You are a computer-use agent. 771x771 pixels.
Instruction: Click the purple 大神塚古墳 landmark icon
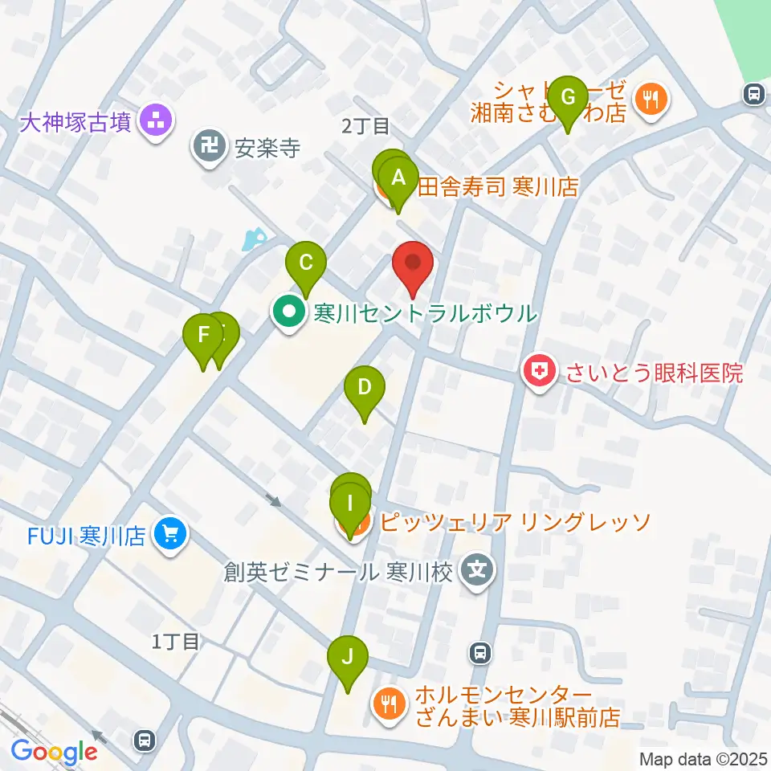(x=154, y=122)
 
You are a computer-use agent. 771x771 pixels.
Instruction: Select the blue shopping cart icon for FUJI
(x=170, y=533)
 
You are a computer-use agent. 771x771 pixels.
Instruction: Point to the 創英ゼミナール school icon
(x=478, y=572)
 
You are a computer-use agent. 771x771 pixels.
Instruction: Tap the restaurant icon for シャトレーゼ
(x=648, y=100)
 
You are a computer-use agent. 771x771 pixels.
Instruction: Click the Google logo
(x=54, y=753)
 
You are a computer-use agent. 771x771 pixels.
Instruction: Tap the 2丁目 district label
(x=365, y=126)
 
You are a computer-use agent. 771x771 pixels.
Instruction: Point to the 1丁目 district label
(x=175, y=641)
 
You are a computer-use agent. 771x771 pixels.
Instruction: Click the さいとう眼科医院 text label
(x=655, y=372)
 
